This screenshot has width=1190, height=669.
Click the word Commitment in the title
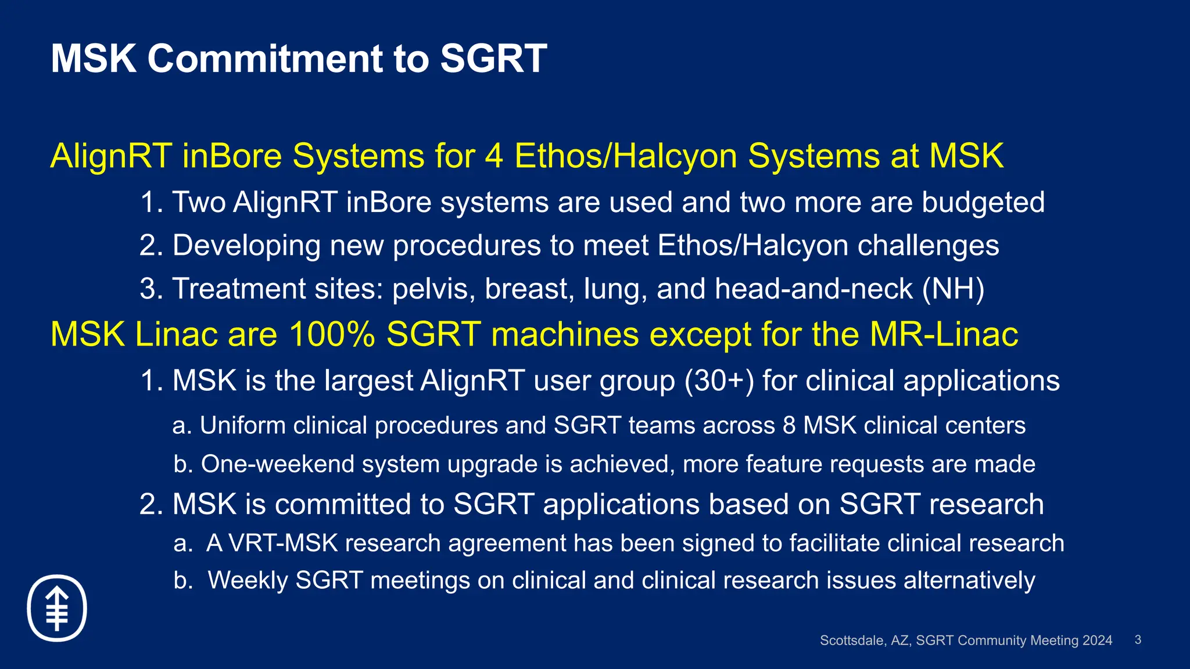(x=265, y=59)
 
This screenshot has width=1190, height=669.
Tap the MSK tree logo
(x=57, y=608)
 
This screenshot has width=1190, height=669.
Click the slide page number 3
(x=1138, y=640)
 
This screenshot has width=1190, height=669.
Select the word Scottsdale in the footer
(x=852, y=641)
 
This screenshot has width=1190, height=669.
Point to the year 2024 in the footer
(x=1097, y=641)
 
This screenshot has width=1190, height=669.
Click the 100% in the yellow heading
(x=332, y=334)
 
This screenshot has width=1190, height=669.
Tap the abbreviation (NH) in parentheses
(x=953, y=289)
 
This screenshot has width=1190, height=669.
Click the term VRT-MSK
(x=283, y=544)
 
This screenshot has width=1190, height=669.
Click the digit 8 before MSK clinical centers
(x=789, y=426)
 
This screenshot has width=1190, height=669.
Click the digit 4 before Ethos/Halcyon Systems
(x=493, y=156)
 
